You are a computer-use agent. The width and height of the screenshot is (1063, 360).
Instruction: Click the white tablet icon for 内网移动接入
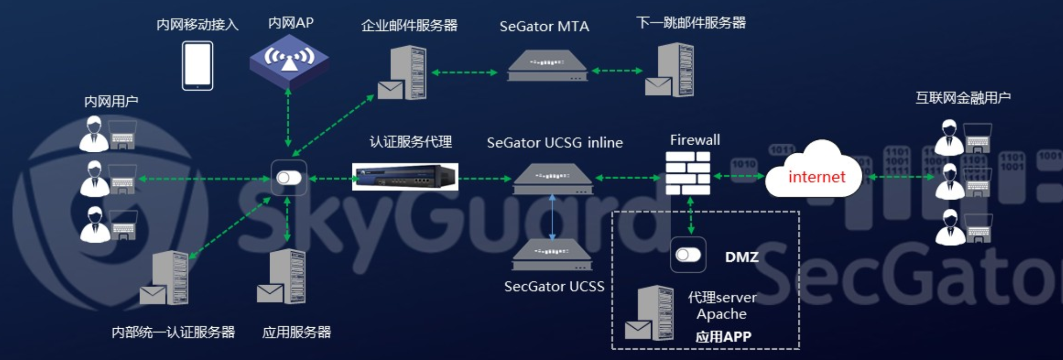(197, 66)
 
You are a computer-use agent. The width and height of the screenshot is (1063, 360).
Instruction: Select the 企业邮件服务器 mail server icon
(403, 73)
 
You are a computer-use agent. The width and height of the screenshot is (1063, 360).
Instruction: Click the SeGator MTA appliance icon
(547, 66)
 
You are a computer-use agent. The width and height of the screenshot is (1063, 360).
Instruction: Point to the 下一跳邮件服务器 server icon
(670, 70)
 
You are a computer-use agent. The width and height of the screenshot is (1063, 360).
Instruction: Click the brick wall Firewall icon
(688, 173)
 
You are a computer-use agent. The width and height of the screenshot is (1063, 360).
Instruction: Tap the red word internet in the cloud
(816, 177)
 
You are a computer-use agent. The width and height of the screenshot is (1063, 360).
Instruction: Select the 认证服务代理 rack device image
(405, 176)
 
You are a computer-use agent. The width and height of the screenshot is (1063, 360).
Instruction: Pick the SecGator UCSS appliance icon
(552, 255)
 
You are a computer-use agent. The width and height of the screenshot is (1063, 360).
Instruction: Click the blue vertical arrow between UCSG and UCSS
(552, 217)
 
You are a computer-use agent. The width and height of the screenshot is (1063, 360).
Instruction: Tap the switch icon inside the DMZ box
(688, 255)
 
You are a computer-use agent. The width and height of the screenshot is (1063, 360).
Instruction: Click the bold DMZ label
(741, 257)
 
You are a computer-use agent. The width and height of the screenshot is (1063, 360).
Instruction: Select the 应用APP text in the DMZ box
(723, 337)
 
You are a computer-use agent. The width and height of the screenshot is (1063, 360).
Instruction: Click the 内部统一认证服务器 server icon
(165, 278)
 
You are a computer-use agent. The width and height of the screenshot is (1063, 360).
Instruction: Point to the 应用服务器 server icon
(282, 276)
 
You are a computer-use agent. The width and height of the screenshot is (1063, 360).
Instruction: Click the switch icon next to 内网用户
(289, 178)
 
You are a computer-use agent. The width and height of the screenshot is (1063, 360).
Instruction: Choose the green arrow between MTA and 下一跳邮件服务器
(617, 71)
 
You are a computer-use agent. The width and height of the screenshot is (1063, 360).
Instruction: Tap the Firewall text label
(695, 140)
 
